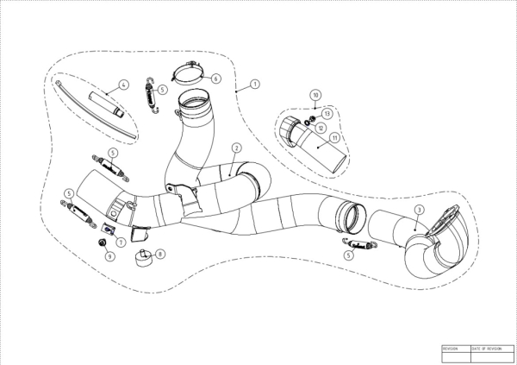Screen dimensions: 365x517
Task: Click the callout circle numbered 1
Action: coord(256,86)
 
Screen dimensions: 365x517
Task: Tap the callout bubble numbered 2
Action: coord(235,148)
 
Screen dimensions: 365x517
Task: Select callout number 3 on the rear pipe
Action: coord(418,210)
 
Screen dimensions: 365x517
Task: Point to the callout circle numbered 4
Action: coord(124,85)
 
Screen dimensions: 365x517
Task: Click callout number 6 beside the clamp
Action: coord(216,79)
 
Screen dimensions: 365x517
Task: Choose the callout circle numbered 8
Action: coord(160,254)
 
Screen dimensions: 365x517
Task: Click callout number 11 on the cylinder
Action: coord(335,137)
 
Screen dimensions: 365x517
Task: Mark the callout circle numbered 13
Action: coord(327,114)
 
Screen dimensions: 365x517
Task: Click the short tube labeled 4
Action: coord(108,104)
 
